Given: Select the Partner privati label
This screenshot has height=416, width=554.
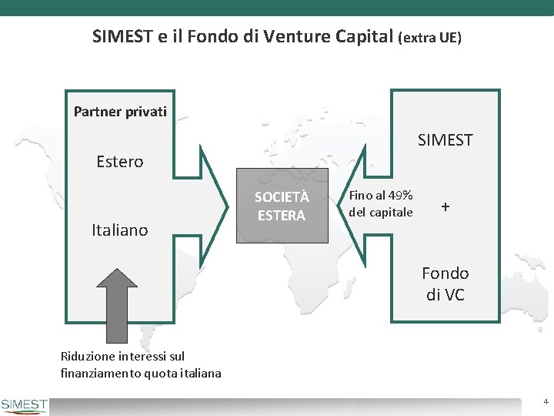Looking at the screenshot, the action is click(x=120, y=112).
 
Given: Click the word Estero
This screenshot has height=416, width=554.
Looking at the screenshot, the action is click(x=119, y=162).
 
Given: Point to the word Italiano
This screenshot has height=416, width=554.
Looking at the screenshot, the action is click(x=119, y=230).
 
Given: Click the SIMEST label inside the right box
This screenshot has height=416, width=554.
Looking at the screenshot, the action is click(x=445, y=139).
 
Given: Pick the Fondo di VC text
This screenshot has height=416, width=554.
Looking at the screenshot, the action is click(x=445, y=283).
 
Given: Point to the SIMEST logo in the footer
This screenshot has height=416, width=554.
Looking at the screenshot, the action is click(x=25, y=405).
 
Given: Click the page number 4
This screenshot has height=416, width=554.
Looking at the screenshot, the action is click(x=545, y=402).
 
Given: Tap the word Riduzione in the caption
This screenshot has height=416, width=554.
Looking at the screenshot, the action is click(x=87, y=356).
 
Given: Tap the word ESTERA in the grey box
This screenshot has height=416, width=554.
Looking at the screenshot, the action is click(x=281, y=216).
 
